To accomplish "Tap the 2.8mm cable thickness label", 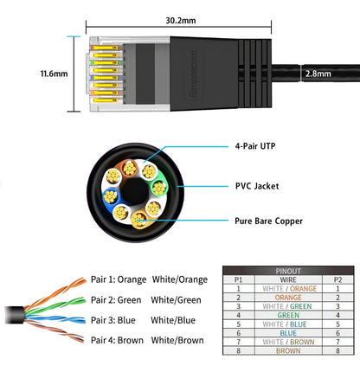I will (316, 74).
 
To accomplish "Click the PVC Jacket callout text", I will (257, 185).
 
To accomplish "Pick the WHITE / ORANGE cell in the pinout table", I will (288, 289).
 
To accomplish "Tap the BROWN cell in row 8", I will (288, 351).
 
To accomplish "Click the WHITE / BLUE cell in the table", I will (288, 324).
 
